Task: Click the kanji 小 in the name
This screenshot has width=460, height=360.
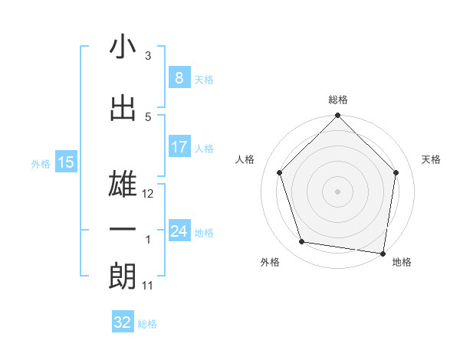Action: pyautogui.click(x=123, y=47)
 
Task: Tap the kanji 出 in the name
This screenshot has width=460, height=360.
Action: pyautogui.click(x=123, y=108)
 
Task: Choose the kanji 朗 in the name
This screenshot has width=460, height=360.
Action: pyautogui.click(x=123, y=277)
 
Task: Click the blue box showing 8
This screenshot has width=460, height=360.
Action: pyautogui.click(x=179, y=78)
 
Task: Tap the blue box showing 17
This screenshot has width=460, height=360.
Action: pyautogui.click(x=179, y=147)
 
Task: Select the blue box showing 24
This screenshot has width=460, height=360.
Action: pyautogui.click(x=179, y=231)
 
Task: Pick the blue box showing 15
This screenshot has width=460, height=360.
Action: pyautogui.click(x=66, y=162)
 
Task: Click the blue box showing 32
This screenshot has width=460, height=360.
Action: pyautogui.click(x=123, y=322)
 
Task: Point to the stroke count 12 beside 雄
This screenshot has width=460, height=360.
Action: pyautogui.click(x=149, y=194)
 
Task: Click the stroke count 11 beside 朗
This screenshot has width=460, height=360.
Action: pyautogui.click(x=148, y=286)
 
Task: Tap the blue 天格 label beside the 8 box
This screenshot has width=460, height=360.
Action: pyautogui.click(x=204, y=79)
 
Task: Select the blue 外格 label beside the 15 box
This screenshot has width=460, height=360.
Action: pyautogui.click(x=41, y=163)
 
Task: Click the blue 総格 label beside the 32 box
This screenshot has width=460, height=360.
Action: pyautogui.click(x=147, y=323)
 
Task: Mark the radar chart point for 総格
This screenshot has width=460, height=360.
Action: pyautogui.click(x=337, y=116)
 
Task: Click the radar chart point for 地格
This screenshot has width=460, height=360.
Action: pyautogui.click(x=383, y=253)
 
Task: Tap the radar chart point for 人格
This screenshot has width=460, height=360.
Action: pyautogui.click(x=279, y=173)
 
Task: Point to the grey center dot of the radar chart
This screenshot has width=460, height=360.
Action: pyautogui.click(x=337, y=191)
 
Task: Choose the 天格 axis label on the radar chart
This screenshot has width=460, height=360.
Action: pyautogui.click(x=431, y=159)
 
